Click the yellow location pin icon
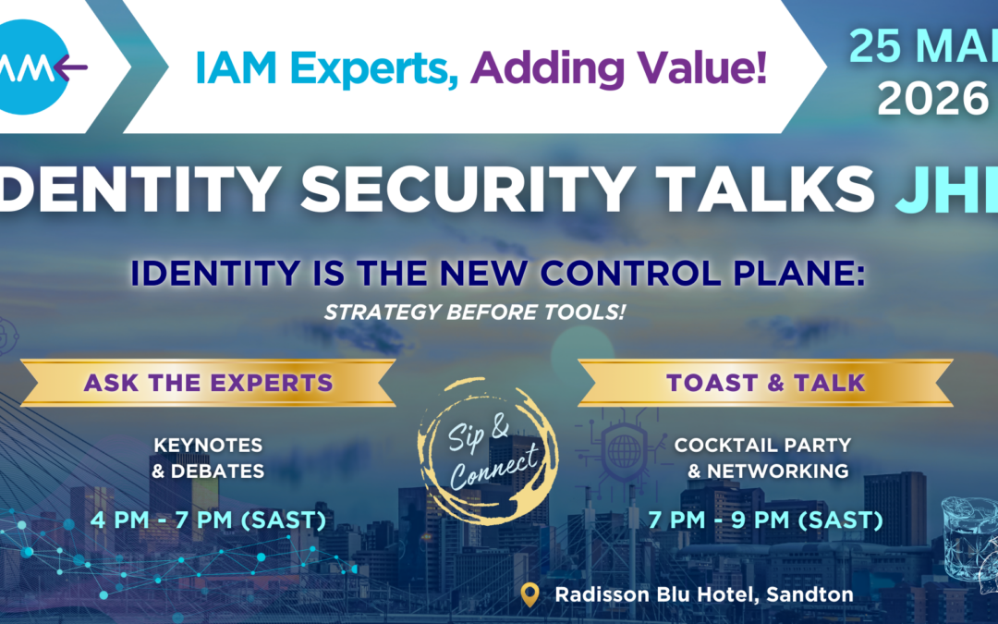click(x=529, y=594)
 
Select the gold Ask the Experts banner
click(x=209, y=383)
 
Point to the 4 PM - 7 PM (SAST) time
click(x=209, y=520)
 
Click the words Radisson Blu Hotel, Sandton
click(x=704, y=594)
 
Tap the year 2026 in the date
click(x=931, y=99)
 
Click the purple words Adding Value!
click(x=623, y=68)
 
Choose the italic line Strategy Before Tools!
click(x=474, y=312)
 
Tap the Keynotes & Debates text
click(x=209, y=458)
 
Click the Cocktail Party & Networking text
click(x=762, y=458)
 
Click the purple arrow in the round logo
click(x=70, y=67)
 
